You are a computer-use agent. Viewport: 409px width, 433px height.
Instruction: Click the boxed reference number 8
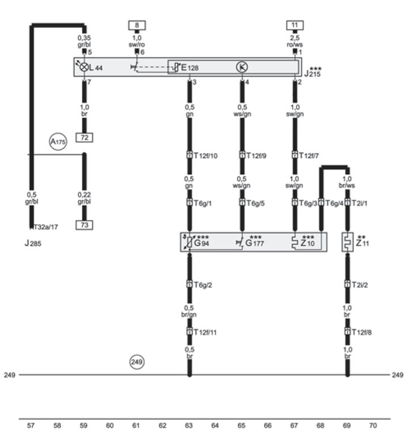(x=137, y=26)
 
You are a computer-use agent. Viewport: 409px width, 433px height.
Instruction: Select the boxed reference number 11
(x=295, y=25)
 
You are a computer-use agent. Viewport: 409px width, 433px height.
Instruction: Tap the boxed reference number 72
(x=84, y=137)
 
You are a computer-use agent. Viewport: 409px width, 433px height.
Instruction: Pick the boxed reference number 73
(x=84, y=225)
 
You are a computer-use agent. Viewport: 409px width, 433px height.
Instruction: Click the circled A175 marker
(x=58, y=142)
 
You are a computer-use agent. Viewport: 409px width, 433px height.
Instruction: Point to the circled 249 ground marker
(x=137, y=361)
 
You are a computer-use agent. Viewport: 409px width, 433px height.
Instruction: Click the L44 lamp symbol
(x=84, y=67)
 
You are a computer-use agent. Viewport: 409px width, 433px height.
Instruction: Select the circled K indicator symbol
(x=242, y=67)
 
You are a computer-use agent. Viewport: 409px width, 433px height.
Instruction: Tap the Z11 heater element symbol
(x=348, y=242)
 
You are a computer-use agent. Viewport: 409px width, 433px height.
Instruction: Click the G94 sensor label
(x=202, y=243)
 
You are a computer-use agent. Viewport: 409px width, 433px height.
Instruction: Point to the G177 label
(x=254, y=243)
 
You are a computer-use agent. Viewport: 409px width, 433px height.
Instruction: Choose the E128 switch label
(x=190, y=68)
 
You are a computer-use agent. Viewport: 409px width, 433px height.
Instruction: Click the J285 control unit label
(x=33, y=243)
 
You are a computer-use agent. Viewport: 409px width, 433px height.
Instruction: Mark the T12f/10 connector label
(x=206, y=155)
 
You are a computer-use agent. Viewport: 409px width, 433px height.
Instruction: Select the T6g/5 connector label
(x=256, y=203)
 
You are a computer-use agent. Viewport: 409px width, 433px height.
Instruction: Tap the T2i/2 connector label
(x=360, y=285)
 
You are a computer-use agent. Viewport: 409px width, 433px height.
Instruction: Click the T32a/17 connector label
(x=46, y=227)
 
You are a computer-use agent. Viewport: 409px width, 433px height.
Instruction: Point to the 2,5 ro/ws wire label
(x=295, y=41)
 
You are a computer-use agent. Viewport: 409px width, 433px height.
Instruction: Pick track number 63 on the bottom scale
(x=189, y=426)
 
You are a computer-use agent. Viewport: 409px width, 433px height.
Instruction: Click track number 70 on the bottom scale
(x=373, y=426)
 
